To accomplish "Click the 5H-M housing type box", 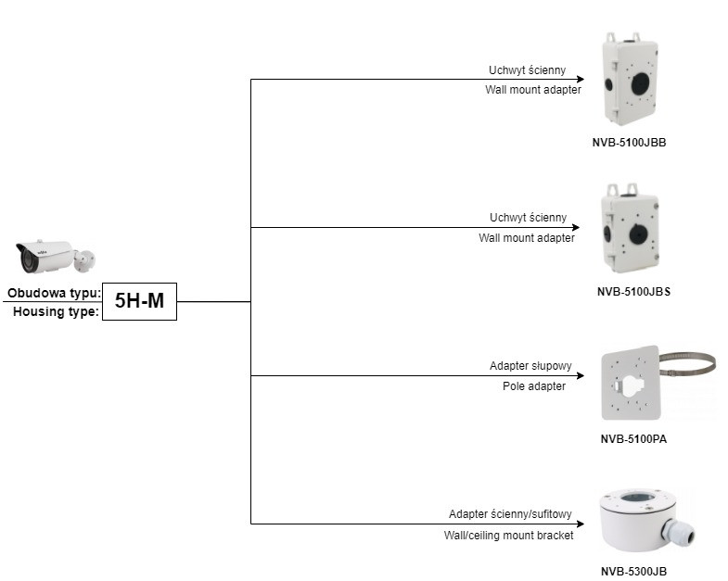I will (138, 301).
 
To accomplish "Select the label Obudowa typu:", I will (54, 294).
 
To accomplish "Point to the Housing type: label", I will (56, 312).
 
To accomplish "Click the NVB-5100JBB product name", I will (630, 144).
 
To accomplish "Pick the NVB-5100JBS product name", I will (633, 291).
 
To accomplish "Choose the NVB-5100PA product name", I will (633, 439).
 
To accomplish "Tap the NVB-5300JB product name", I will (633, 572).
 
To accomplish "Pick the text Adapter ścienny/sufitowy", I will (510, 514).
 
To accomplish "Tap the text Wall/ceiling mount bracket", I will (508, 535).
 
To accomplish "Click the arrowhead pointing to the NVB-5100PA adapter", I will (579, 375).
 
